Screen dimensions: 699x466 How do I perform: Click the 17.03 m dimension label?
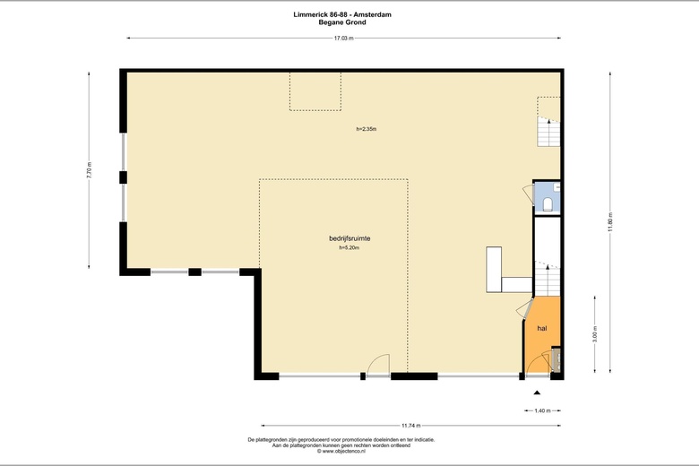point(344,39)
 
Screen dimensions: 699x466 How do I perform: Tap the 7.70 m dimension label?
point(89,170)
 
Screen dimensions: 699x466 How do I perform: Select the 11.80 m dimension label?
point(610,221)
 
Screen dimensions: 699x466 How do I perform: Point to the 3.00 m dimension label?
point(595,334)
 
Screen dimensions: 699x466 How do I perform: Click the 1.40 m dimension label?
point(542,410)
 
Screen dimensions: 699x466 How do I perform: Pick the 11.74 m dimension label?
point(411,426)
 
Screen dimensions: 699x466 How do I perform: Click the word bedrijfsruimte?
point(349,238)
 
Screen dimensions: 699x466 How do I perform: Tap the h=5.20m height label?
point(349,247)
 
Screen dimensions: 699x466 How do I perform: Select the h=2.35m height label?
point(367,129)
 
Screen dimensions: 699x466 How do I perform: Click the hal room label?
point(542,328)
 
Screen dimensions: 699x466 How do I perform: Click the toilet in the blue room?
point(548,204)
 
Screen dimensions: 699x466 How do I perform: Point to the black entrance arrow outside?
point(537,393)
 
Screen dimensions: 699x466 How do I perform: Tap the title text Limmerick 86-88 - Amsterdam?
point(342,14)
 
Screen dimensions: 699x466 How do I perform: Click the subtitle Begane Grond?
point(342,22)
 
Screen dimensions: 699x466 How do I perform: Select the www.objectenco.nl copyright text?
point(341,452)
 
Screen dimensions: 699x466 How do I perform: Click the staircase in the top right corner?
point(548,132)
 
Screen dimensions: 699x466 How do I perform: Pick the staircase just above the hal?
point(547,280)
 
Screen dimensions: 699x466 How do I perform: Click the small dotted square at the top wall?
point(315,91)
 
